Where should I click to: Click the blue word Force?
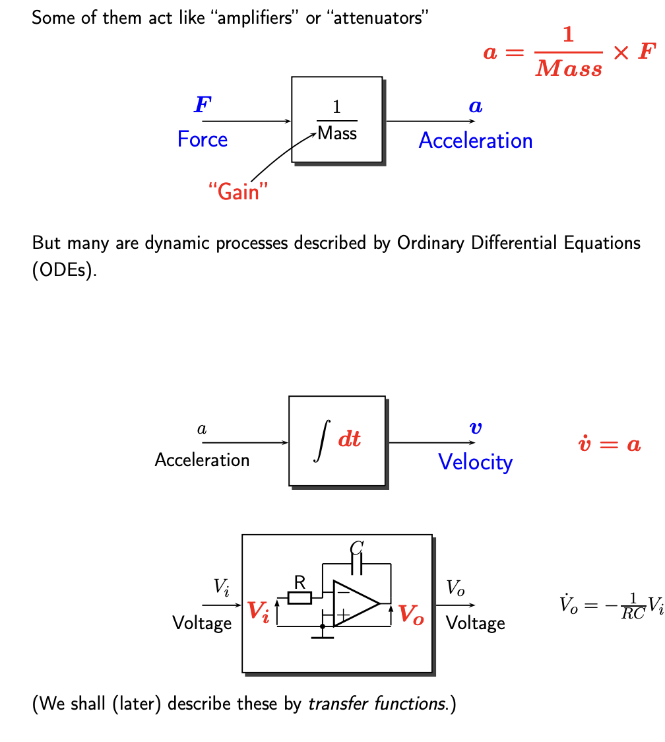tap(203, 139)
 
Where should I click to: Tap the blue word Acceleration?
tap(475, 141)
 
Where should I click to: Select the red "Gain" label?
tap(238, 192)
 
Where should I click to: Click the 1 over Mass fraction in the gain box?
tap(337, 121)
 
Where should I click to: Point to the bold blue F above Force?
tap(203, 104)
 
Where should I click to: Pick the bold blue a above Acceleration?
tap(475, 106)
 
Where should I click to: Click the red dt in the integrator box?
tap(350, 440)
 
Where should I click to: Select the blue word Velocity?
tap(475, 461)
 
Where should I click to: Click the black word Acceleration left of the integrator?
tap(202, 459)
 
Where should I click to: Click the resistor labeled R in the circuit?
tap(300, 597)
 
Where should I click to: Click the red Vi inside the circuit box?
tap(259, 611)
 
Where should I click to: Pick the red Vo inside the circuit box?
tap(411, 615)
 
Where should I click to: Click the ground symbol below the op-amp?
tap(322, 634)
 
